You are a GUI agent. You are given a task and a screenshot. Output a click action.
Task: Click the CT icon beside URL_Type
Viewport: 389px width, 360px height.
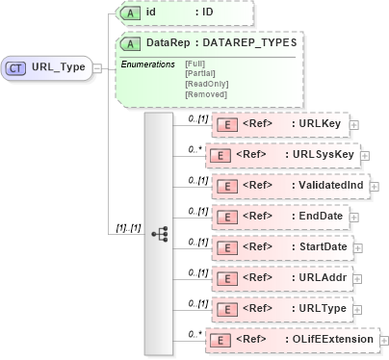(x=16, y=68)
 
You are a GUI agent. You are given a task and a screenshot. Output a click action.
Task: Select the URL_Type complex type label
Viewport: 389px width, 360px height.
(x=58, y=68)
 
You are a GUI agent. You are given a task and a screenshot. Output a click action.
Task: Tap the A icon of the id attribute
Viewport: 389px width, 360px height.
(x=130, y=13)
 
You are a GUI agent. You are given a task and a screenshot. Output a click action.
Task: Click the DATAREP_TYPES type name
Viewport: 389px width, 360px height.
(x=248, y=42)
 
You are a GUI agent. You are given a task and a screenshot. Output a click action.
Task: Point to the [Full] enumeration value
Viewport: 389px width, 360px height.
(x=194, y=63)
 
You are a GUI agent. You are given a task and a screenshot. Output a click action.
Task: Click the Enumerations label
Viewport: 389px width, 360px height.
(x=147, y=64)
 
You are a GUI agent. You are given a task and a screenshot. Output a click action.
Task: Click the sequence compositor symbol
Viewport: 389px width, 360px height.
(x=160, y=234)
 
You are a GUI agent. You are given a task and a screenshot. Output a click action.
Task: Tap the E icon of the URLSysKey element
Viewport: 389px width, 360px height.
(x=220, y=155)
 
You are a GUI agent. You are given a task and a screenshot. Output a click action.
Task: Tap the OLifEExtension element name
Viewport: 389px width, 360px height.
(x=334, y=340)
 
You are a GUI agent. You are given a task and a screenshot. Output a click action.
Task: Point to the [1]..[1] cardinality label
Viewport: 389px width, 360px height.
(x=124, y=228)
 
